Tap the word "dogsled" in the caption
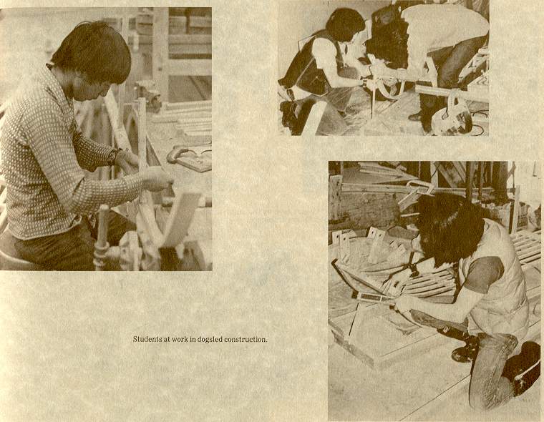pyautogui.click(x=210, y=340)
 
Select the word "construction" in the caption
pyautogui.click(x=246, y=339)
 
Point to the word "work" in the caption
pyautogui.click(x=180, y=339)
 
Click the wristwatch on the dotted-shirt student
pyautogui.click(x=113, y=157)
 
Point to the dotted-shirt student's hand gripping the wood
pyautogui.click(x=158, y=179)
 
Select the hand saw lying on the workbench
pyautogui.click(x=190, y=158)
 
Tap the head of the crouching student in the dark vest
pyautogui.click(x=345, y=24)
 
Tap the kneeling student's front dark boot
pyautogui.click(x=465, y=350)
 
